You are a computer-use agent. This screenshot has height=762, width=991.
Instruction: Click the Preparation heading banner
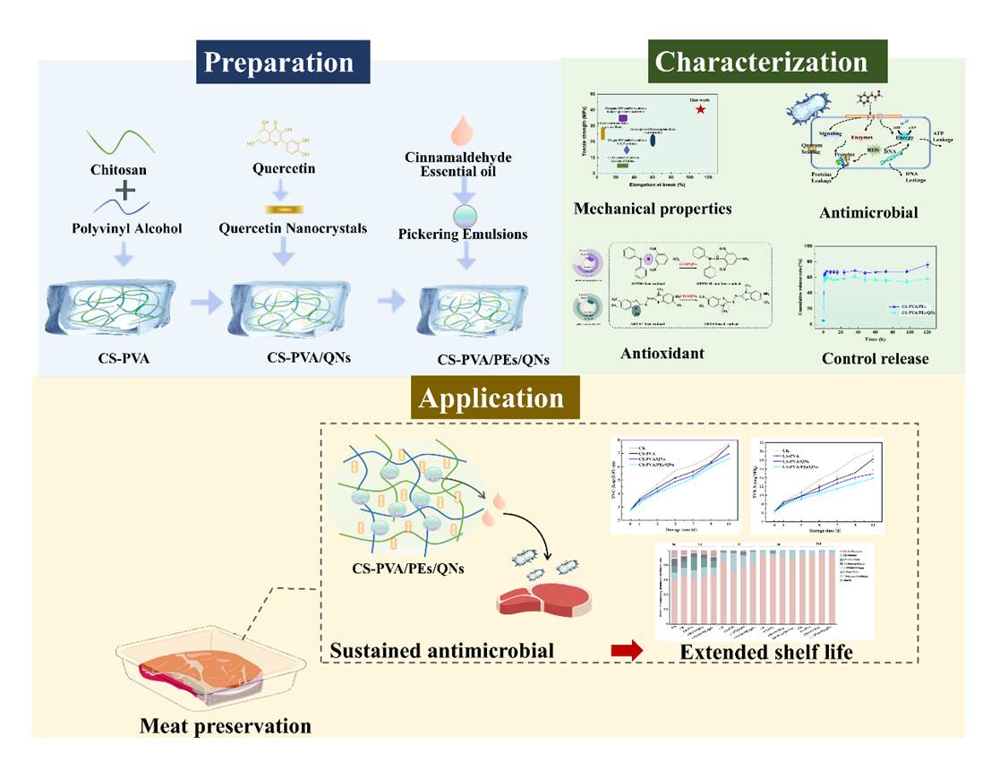coord(278,64)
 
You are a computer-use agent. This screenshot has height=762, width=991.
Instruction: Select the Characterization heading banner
coord(761,62)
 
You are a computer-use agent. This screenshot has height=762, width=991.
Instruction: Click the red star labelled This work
coord(700,109)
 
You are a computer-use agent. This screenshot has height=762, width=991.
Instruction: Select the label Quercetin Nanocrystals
coord(280,228)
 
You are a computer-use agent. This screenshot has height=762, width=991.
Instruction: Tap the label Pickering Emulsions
coord(462,235)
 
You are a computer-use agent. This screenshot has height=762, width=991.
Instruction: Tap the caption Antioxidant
coord(662,353)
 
